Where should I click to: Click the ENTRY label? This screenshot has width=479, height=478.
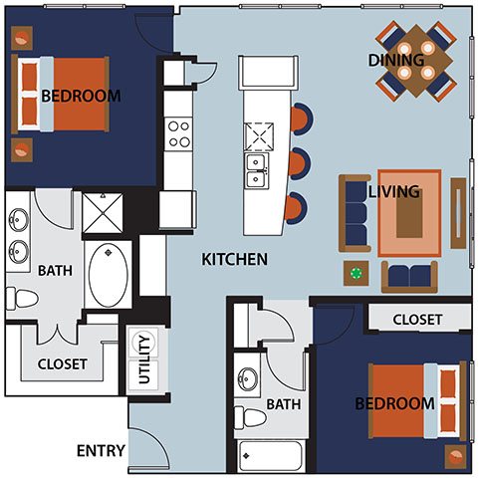101,451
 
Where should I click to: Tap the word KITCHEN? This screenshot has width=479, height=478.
235,259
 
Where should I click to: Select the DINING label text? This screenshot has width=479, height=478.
396,60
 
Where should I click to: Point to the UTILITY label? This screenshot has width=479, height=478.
144,359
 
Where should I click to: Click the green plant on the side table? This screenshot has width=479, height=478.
357,274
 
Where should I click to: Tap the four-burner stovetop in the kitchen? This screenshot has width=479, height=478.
178,134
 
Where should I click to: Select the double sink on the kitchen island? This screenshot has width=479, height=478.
256,171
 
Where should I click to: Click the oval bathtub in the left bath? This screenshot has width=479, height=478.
109,275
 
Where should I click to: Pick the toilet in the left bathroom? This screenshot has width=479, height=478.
22,298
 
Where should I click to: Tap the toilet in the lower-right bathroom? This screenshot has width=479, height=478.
250,417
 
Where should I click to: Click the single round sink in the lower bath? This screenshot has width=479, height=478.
247,379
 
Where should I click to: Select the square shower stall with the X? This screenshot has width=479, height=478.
103,213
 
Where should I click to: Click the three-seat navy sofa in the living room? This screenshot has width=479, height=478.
355,213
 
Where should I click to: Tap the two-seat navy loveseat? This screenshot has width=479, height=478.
409,277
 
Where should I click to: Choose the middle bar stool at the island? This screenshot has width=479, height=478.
300,164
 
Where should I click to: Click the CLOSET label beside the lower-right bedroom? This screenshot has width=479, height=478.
417,320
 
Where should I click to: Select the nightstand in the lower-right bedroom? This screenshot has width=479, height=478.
455,457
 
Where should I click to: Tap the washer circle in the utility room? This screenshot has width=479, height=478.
143,343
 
